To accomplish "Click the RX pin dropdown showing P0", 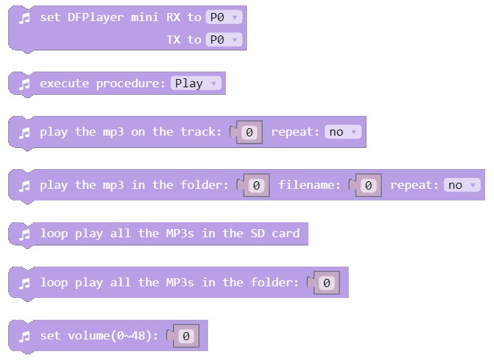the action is point(223,17).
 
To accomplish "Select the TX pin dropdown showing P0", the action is point(223,40).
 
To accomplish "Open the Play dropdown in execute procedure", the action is point(196,83).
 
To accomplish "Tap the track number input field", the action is point(250,132).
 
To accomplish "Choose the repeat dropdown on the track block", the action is point(343,132).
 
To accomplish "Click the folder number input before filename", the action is point(257,185).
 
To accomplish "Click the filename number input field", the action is point(368,185).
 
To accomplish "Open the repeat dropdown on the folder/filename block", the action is point(462,185).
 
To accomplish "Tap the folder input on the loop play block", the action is point(327,283).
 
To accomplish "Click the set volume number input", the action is point(186,336).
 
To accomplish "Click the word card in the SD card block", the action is point(285,233).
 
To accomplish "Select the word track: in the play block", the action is point(201,132).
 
